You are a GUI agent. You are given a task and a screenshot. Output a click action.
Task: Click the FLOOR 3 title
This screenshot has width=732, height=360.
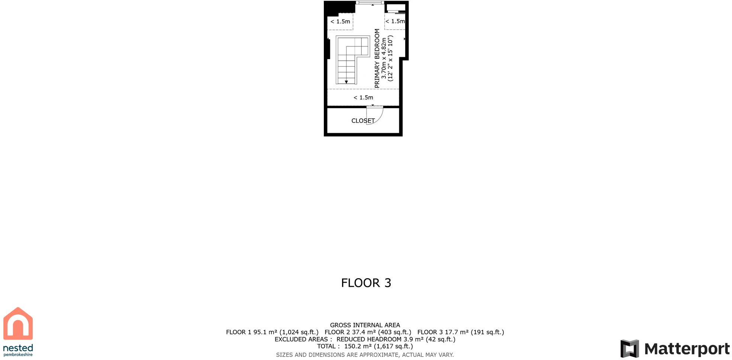tap(366, 283)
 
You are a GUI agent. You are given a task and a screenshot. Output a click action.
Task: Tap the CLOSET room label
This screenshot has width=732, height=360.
tap(362, 121)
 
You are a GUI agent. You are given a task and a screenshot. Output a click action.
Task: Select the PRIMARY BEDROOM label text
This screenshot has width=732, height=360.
tap(377, 58)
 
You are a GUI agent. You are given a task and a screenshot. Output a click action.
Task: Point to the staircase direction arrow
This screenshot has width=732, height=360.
tap(346, 82)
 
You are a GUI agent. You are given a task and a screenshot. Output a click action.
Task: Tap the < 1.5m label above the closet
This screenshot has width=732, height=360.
tap(363, 97)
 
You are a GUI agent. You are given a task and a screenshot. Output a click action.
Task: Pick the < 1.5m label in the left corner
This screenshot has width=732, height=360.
tap(340, 22)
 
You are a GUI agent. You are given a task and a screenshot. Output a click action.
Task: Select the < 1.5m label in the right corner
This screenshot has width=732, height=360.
tap(395, 21)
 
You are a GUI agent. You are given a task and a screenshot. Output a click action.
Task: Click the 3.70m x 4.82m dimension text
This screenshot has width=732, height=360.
tap(384, 58)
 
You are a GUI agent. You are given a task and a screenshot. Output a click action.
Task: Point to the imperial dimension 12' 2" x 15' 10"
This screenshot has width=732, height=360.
tap(390, 58)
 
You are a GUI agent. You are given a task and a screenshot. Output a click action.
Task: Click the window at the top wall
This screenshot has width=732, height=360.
tap(370, 3)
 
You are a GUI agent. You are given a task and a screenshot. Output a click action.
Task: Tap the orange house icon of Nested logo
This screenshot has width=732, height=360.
tap(18, 324)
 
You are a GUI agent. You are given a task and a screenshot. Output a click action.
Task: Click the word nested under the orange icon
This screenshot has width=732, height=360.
tap(18, 348)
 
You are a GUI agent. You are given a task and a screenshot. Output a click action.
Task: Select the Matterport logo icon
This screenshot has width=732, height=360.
tap(629, 348)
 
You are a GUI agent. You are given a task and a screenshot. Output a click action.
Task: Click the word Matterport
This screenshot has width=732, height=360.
tap(687, 349)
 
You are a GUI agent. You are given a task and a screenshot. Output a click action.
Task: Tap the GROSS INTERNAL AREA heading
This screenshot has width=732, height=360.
tap(365, 325)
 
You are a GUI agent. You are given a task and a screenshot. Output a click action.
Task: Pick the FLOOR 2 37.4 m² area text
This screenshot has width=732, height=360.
tap(368, 332)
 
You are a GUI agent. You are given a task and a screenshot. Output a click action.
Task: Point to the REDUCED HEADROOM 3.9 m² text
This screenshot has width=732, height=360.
tap(396, 339)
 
